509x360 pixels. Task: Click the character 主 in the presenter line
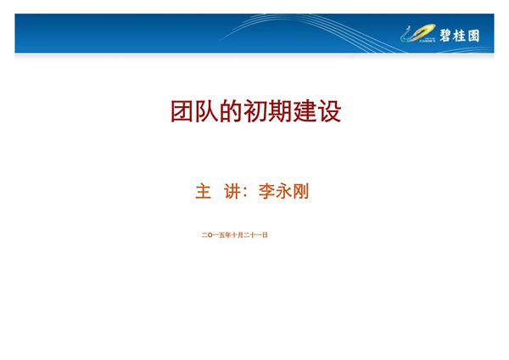coord(203,192)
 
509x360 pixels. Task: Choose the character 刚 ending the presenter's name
coord(300,192)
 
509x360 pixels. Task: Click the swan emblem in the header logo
coord(419,35)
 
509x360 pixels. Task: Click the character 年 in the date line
coord(228,234)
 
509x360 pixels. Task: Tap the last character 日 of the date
coord(266,234)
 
